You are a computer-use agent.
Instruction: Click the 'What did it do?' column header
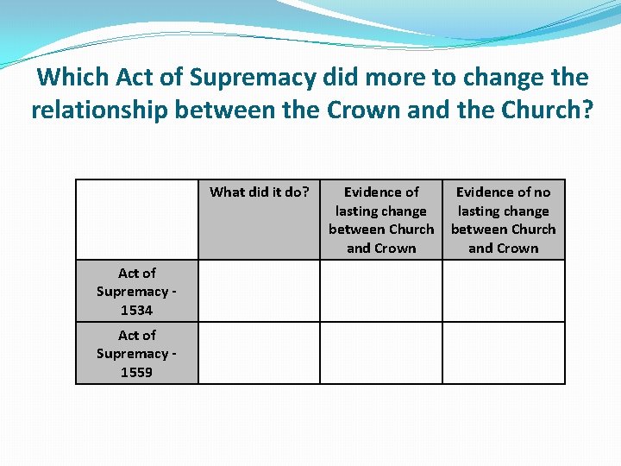coord(259,192)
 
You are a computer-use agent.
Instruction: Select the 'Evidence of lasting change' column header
coord(381,219)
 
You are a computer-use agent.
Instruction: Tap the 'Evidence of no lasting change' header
coord(504,219)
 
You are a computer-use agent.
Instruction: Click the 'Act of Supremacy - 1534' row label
coord(137,291)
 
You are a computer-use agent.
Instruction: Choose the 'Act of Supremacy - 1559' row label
coord(137,353)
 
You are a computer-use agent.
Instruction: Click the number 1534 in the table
coord(137,310)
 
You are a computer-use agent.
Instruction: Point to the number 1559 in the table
coord(137,372)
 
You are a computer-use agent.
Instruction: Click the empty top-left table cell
coord(137,219)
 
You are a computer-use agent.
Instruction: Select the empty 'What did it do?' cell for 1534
coord(259,291)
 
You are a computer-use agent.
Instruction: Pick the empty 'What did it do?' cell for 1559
coord(259,353)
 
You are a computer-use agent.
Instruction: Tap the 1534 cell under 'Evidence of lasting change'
coord(381,291)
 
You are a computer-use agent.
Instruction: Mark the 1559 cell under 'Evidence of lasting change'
coord(381,353)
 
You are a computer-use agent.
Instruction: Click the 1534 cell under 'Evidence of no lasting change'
coord(504,291)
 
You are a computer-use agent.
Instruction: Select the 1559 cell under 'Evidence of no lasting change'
coord(504,353)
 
